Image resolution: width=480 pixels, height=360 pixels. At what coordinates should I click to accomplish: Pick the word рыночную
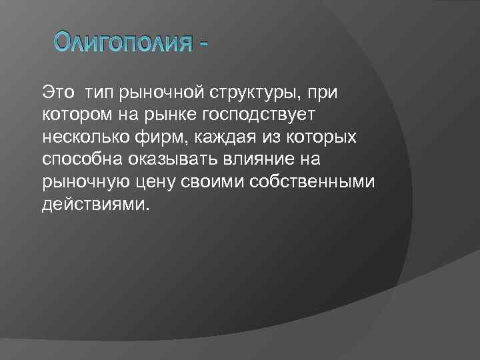82,181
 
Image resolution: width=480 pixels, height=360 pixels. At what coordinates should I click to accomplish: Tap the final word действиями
93,204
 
